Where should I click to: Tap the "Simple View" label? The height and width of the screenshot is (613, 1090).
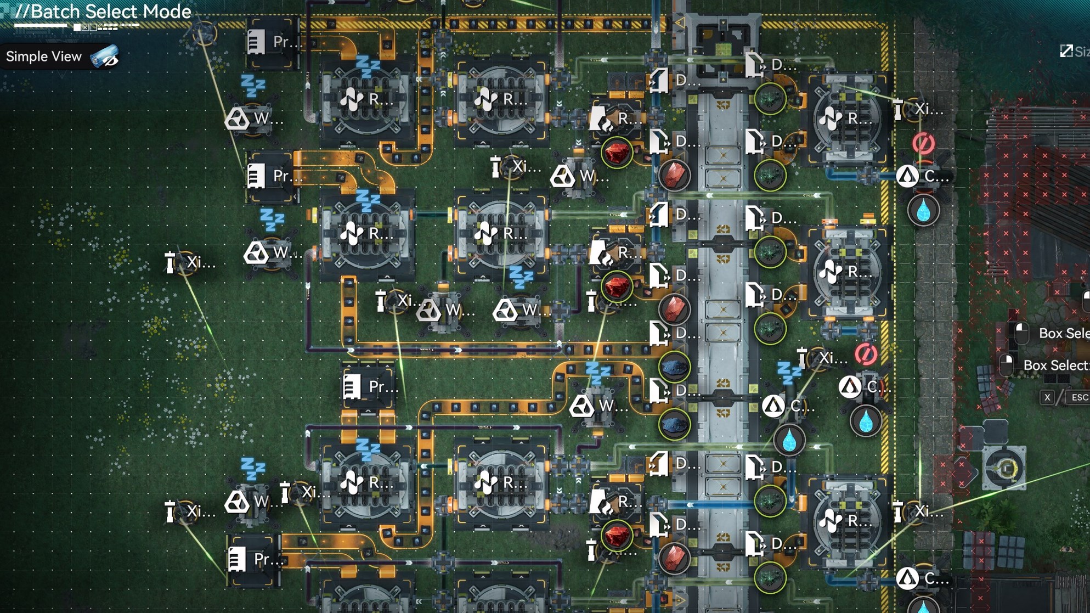[x=44, y=57]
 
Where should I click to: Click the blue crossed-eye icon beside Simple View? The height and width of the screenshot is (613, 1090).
[x=105, y=57]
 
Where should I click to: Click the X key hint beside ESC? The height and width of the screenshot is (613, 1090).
[x=1047, y=397]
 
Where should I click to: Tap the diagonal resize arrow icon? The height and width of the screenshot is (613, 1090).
[x=1066, y=52]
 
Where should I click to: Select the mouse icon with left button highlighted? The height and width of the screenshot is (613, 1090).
[x=1021, y=333]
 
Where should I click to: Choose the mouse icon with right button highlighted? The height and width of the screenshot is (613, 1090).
[x=1007, y=365]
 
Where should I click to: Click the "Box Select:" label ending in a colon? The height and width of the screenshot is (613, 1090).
[x=1055, y=365]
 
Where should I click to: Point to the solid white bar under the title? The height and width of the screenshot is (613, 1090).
[x=41, y=25]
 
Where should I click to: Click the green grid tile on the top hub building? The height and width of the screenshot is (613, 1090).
[x=723, y=49]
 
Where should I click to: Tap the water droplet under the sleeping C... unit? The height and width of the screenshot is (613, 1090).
[x=789, y=440]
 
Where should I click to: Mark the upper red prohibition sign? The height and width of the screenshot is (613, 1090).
[x=923, y=144]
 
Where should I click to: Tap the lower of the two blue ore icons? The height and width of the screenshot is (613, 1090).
[x=674, y=424]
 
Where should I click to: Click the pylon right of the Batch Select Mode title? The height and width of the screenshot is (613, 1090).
[x=204, y=33]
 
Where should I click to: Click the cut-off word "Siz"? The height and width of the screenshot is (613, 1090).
[x=1082, y=52]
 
